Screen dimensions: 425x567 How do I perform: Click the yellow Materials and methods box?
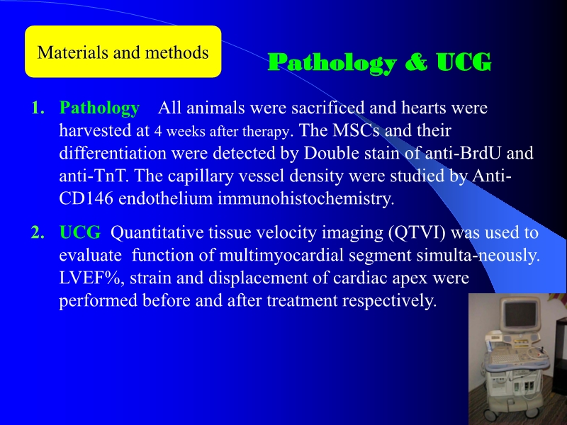click(123, 52)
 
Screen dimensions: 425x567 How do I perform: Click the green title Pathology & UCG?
click(379, 62)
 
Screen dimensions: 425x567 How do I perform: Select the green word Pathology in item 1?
click(99, 108)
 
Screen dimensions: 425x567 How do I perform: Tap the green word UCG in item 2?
click(80, 233)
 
